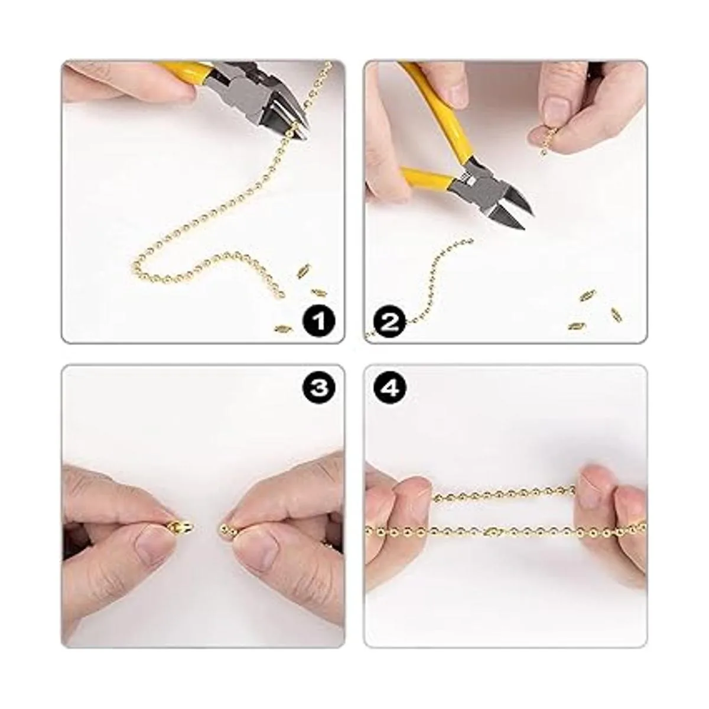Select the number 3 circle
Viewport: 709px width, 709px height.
click(x=318, y=388)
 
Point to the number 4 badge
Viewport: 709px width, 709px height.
click(x=391, y=388)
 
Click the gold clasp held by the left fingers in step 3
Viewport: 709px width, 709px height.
click(x=181, y=528)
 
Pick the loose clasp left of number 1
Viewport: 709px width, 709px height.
click(x=282, y=329)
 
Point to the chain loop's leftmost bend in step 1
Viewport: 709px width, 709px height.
click(x=134, y=264)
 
